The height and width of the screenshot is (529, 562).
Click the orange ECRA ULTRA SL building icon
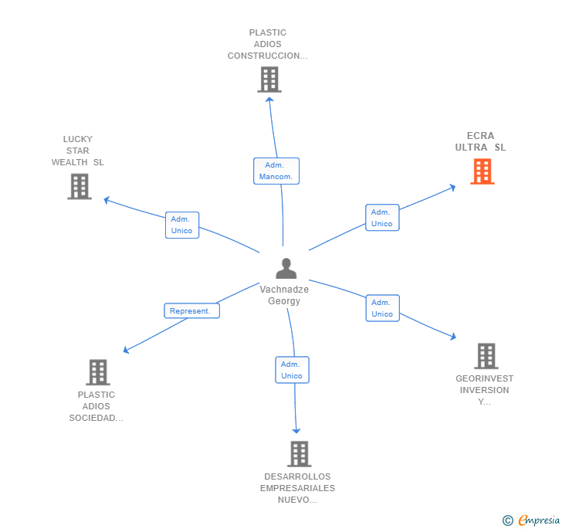click(x=482, y=171)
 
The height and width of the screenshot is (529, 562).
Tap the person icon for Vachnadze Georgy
click(x=286, y=269)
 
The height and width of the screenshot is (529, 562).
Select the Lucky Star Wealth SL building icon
click(x=80, y=186)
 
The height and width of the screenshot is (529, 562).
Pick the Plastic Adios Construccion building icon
click(x=269, y=80)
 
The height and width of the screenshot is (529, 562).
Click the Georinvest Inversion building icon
click(x=486, y=356)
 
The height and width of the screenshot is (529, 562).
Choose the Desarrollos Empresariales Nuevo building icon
click(x=300, y=454)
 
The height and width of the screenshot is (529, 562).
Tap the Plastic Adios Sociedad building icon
click(x=97, y=372)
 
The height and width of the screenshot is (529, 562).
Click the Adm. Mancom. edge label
click(x=276, y=171)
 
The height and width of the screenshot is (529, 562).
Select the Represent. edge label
click(x=191, y=310)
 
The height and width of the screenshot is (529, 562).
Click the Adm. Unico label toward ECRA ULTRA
click(x=382, y=218)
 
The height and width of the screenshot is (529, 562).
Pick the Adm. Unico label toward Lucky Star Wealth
click(x=182, y=225)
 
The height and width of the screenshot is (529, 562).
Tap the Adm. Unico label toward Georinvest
click(x=382, y=308)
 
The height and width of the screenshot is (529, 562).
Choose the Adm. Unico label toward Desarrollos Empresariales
click(x=292, y=370)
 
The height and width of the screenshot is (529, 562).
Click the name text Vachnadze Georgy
click(x=284, y=295)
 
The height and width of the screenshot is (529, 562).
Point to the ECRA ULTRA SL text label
click(x=481, y=141)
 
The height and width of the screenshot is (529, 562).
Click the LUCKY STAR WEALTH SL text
click(x=78, y=151)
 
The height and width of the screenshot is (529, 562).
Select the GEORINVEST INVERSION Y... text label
click(x=485, y=390)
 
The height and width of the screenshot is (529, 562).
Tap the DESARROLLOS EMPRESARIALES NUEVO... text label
click(x=298, y=488)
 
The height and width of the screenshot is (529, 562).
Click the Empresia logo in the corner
click(x=531, y=521)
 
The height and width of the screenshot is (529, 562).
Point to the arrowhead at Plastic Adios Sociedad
click(x=126, y=351)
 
